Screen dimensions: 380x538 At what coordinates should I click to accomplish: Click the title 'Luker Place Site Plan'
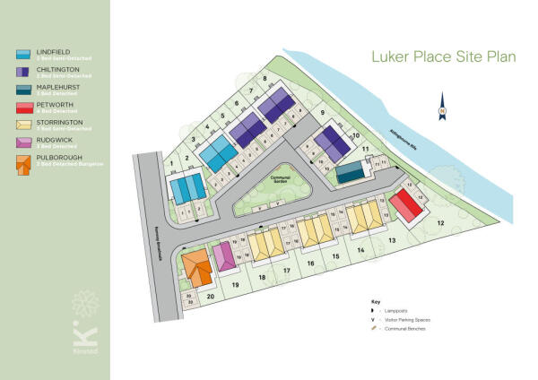pyautogui.click(x=444, y=57)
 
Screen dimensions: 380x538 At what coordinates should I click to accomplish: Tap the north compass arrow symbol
pyautogui.click(x=442, y=107)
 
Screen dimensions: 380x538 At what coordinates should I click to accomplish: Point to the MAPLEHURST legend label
pyautogui.click(x=59, y=88)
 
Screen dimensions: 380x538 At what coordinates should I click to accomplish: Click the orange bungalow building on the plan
pyautogui.click(x=195, y=268)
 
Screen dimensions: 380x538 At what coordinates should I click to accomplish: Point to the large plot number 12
pyautogui.click(x=440, y=221)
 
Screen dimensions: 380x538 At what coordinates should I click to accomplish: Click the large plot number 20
pyautogui.click(x=211, y=296)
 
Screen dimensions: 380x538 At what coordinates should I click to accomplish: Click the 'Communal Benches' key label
pyautogui.click(x=406, y=329)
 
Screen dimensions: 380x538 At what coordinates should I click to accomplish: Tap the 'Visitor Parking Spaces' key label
pyautogui.click(x=409, y=320)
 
